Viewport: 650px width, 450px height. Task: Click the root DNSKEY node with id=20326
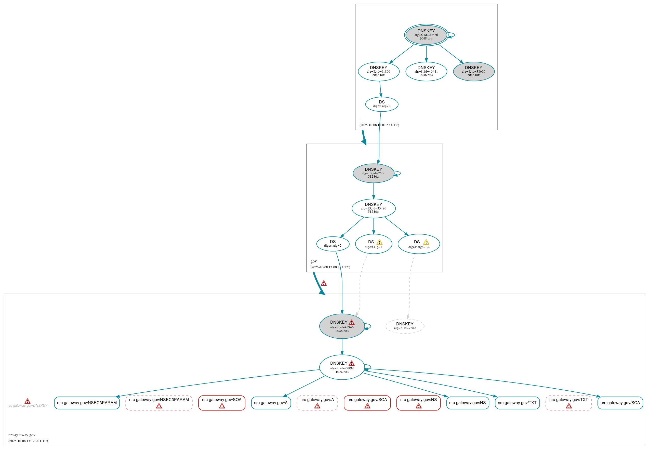click(x=426, y=35)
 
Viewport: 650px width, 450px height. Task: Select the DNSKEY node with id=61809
click(x=379, y=71)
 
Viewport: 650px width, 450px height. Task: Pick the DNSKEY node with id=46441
click(x=426, y=71)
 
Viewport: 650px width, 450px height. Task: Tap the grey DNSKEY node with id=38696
click(x=473, y=71)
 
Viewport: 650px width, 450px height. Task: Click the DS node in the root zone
click(x=381, y=104)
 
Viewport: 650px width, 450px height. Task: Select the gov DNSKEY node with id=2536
click(x=373, y=173)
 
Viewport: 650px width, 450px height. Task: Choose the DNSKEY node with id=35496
click(x=373, y=208)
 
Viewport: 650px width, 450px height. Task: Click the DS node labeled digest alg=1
click(x=373, y=244)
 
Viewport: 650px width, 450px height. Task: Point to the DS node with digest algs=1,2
click(x=419, y=244)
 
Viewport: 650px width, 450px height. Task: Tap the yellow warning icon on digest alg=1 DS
click(x=379, y=242)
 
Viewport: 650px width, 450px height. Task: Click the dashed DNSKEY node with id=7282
click(x=405, y=326)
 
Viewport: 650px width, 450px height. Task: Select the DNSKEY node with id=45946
click(x=342, y=326)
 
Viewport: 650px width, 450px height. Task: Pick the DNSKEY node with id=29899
click(x=342, y=367)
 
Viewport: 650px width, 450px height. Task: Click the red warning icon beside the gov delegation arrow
click(x=324, y=283)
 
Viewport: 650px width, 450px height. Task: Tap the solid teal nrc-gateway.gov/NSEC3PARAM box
click(x=87, y=403)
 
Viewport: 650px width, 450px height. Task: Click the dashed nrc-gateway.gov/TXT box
click(x=568, y=403)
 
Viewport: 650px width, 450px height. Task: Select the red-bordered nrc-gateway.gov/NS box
click(x=418, y=403)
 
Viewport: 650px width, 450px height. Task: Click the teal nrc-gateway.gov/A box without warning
click(x=271, y=403)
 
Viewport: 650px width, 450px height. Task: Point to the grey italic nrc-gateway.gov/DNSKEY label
click(x=27, y=405)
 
